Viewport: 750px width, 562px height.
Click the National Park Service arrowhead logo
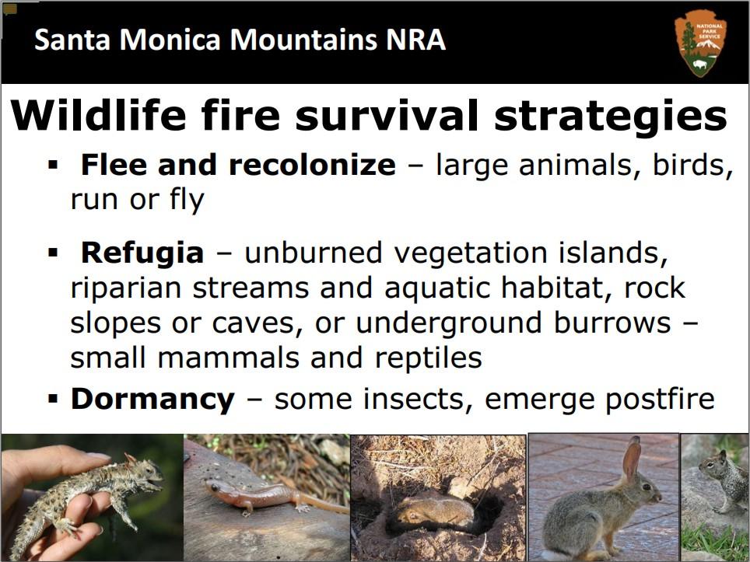point(700,43)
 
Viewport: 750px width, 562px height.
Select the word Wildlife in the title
point(98,115)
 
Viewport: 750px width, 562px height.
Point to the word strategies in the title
point(611,117)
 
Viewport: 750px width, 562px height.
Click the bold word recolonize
point(312,164)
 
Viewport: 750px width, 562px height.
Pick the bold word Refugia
point(142,253)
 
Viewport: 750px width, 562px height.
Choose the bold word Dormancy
point(152,399)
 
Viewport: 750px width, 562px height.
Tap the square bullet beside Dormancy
point(53,399)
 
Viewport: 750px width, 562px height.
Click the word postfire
point(660,399)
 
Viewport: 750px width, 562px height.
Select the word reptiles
point(428,358)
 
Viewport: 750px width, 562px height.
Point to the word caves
point(258,323)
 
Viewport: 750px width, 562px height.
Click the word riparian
point(125,288)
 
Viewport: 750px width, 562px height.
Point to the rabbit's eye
point(647,487)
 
